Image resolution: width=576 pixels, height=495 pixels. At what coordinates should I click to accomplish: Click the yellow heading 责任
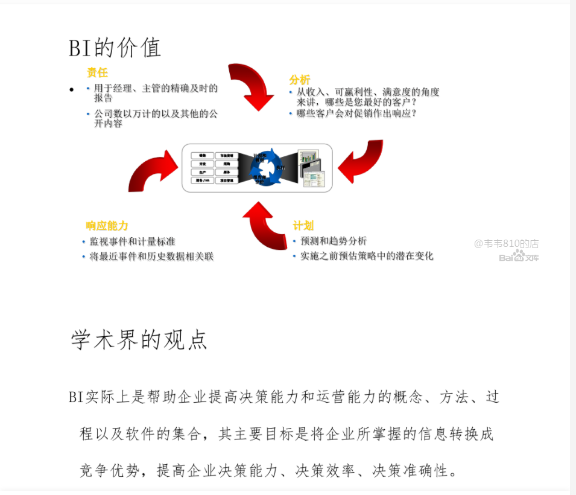click(97, 73)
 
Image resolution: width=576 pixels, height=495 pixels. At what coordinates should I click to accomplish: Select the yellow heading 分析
click(300, 80)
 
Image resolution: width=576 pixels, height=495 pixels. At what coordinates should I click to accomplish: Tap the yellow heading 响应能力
click(107, 226)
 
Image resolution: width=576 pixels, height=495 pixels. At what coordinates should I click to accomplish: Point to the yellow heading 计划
click(303, 226)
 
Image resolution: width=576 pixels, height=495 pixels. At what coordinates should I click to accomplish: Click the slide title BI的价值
click(115, 48)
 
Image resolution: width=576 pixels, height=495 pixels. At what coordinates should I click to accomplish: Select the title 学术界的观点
click(139, 340)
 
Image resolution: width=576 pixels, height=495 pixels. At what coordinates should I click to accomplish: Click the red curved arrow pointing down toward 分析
click(253, 85)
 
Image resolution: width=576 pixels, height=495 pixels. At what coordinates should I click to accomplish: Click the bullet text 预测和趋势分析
click(334, 241)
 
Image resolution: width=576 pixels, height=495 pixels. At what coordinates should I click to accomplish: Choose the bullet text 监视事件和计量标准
click(132, 241)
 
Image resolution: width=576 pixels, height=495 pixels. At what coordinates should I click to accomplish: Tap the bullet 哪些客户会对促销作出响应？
click(356, 113)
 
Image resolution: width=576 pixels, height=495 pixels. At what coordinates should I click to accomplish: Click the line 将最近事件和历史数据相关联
click(151, 257)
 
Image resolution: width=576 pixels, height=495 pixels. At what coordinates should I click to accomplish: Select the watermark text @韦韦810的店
click(506, 244)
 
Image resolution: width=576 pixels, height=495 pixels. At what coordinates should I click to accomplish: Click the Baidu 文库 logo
click(519, 257)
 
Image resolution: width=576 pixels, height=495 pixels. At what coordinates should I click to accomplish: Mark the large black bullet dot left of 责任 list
click(72, 90)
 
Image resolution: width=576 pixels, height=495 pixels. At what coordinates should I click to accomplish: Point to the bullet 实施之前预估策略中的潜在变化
click(367, 256)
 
